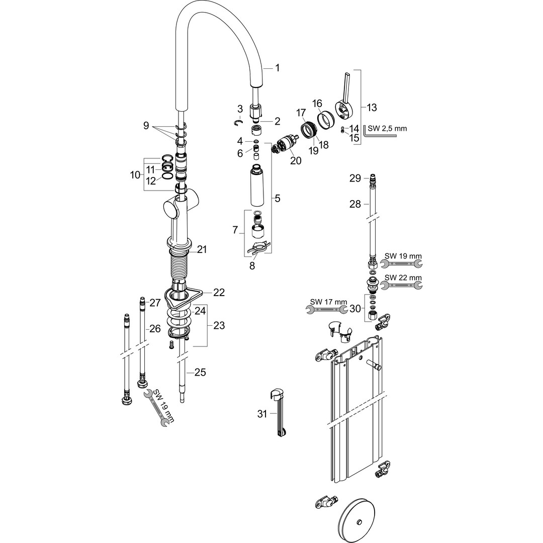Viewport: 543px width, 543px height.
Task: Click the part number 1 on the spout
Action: pos(277,68)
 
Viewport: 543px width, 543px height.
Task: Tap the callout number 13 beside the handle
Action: pos(372,108)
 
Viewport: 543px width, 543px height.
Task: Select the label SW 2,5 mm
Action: pos(387,129)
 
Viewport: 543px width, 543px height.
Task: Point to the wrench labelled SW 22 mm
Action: pos(401,286)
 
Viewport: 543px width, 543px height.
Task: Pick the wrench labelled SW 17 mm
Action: pos(327,309)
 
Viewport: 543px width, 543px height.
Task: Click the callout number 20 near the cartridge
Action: pos(296,161)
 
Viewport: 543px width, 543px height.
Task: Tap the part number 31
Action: pos(262,413)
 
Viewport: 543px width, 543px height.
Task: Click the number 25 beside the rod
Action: pos(200,372)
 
